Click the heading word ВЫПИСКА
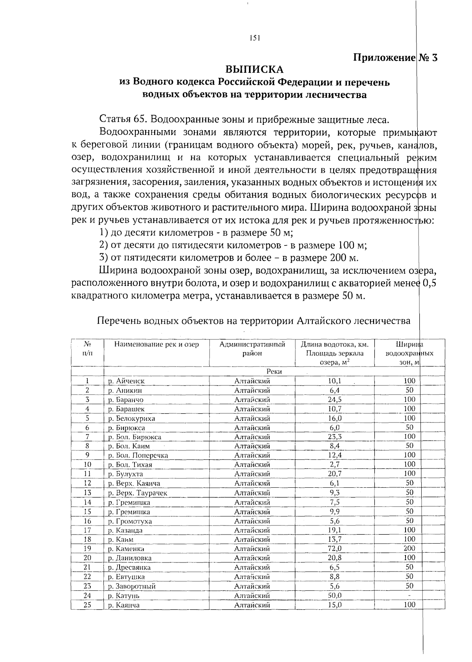[x=254, y=70]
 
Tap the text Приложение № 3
[x=395, y=57]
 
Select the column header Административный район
[x=252, y=349]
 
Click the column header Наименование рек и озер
[x=156, y=344]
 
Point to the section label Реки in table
[x=274, y=371]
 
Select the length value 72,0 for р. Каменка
[x=335, y=548]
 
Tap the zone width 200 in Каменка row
[x=409, y=548]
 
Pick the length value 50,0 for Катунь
[x=335, y=596]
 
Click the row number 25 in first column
[x=87, y=605]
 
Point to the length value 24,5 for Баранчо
[x=335, y=400]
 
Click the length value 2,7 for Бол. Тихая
[x=335, y=465]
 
